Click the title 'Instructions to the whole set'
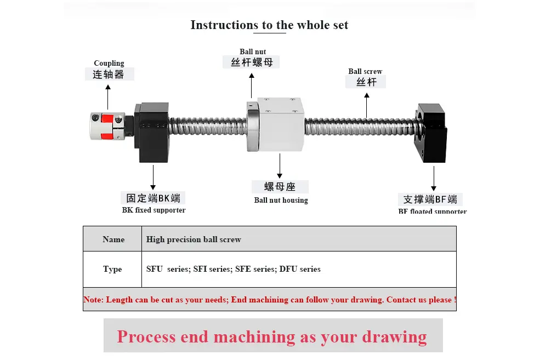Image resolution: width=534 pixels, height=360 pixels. point(269,25)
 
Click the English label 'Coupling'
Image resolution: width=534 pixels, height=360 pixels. point(109,63)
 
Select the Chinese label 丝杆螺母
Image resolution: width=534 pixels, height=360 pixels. point(252,62)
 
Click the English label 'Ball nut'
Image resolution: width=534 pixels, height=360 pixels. point(253,52)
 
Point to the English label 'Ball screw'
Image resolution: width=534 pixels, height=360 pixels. point(365,71)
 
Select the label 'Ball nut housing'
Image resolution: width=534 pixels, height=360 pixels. point(281,200)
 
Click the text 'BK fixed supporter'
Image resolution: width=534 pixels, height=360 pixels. point(154,210)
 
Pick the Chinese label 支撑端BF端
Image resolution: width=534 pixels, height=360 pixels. point(430,199)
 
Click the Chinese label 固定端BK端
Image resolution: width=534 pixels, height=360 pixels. point(153,198)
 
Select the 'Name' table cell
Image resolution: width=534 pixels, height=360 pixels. point(113,239)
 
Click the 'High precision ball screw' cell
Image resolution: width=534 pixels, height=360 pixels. point(194,239)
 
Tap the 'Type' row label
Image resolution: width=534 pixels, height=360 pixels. point(112,269)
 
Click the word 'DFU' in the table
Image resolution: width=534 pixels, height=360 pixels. point(288,269)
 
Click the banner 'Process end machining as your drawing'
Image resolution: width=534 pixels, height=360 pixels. point(272,336)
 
